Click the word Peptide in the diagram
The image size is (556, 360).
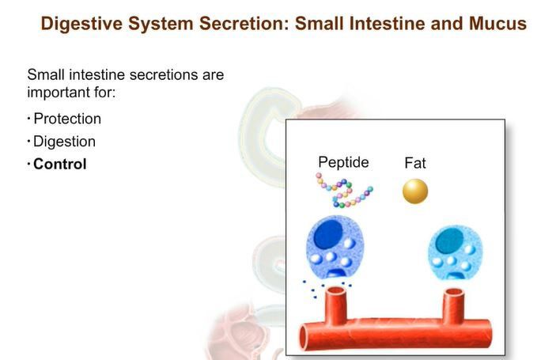[343, 162]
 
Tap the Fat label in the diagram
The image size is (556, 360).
[415, 164]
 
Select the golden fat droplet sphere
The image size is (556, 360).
[415, 191]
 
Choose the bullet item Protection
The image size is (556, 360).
[67, 119]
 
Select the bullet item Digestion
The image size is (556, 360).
[64, 142]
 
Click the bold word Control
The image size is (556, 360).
[60, 165]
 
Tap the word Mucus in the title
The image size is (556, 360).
[495, 24]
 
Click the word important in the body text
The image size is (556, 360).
[59, 91]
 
